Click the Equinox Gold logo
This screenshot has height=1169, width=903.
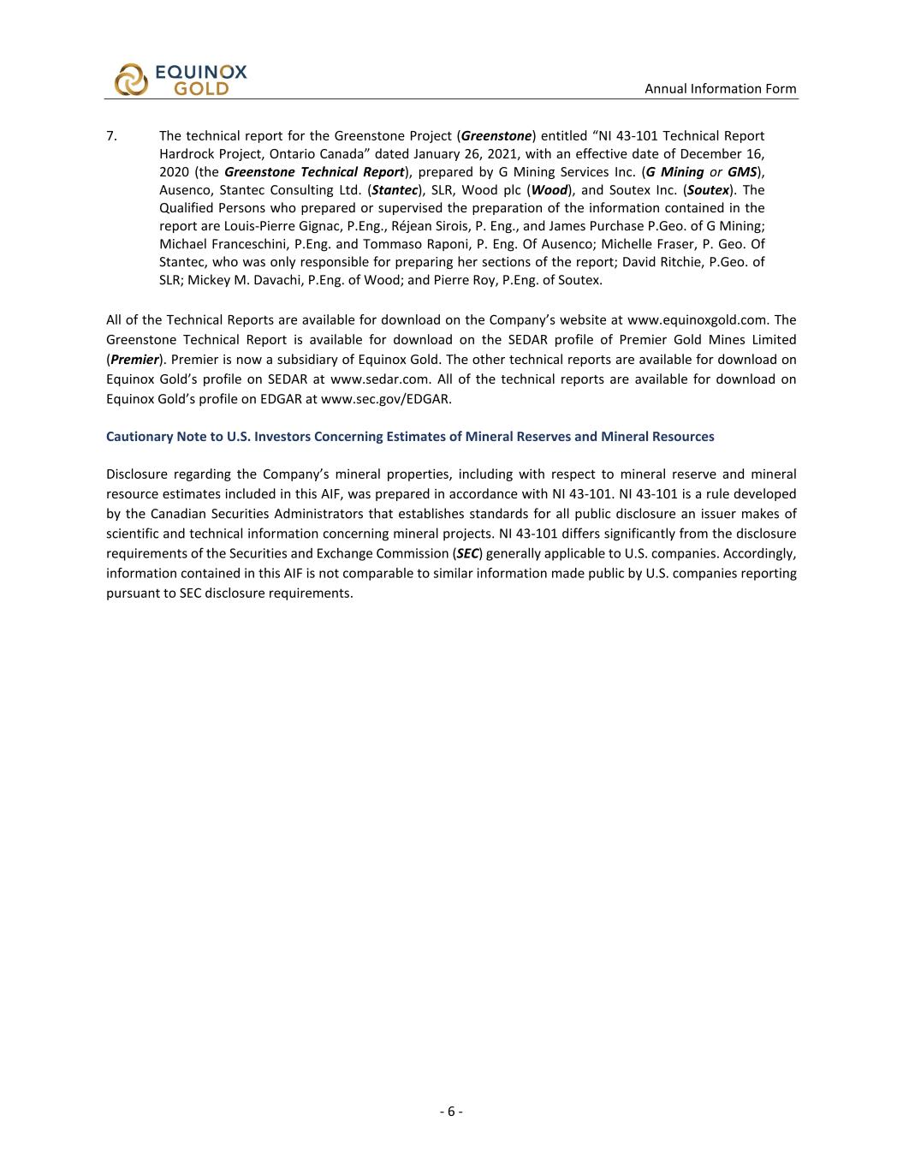pyautogui.click(x=181, y=80)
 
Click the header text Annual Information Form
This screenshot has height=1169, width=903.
pyautogui.click(x=720, y=88)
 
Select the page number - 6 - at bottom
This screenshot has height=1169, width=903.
pyautogui.click(x=451, y=1112)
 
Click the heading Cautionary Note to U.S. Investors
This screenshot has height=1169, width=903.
pyautogui.click(x=409, y=437)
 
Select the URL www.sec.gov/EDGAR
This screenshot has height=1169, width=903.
pyautogui.click(x=385, y=399)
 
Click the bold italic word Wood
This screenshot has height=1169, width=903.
pyautogui.click(x=550, y=190)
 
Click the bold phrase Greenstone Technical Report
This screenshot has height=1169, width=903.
pyautogui.click(x=314, y=172)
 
